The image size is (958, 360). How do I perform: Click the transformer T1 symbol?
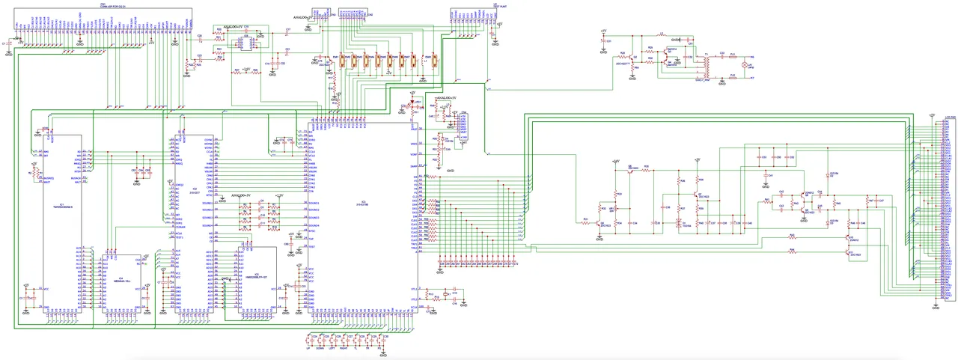(x=704, y=66)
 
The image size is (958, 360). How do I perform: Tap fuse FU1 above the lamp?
(x=733, y=57)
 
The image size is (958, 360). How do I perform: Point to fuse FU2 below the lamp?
(x=733, y=76)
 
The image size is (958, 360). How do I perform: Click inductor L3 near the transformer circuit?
(x=662, y=35)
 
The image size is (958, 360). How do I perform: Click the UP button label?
(x=308, y=349)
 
